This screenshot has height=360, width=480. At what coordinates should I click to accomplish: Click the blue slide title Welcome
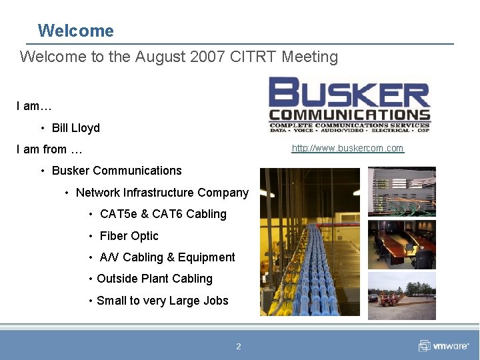point(75,31)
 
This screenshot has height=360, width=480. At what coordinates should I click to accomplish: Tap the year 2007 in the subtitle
point(207,57)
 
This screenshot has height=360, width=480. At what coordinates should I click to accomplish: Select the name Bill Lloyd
point(76,128)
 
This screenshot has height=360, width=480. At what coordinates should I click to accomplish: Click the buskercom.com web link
point(347,148)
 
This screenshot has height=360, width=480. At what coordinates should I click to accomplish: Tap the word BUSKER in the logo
point(349,93)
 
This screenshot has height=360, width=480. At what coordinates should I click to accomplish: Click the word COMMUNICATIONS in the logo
point(349,115)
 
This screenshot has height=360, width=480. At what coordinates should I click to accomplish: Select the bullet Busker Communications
point(117,171)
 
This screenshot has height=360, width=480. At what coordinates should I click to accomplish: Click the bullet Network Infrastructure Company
point(162,193)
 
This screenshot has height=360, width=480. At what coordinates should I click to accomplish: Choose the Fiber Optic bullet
point(129,236)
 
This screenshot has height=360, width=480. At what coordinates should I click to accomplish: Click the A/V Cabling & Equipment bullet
point(167,257)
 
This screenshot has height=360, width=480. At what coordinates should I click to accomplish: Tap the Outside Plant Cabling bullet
point(155,279)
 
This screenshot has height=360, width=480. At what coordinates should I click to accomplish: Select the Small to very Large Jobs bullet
point(162,301)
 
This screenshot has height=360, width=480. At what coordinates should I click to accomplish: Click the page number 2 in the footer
point(239,346)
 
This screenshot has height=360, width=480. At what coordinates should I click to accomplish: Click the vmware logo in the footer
point(444,346)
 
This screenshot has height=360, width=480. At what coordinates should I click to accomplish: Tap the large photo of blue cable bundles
point(309,241)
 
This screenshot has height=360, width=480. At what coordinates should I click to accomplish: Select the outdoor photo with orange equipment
point(401,295)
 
